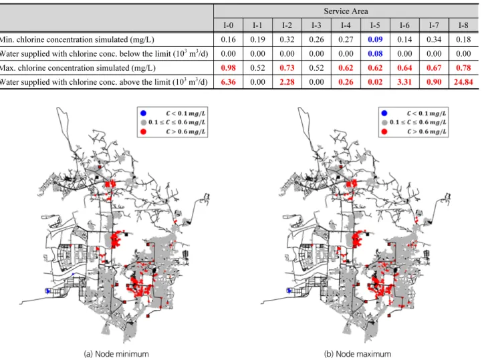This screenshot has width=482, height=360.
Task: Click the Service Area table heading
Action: click(346, 11)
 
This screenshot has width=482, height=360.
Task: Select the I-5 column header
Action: click(375, 25)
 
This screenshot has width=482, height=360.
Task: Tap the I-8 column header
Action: click(463, 25)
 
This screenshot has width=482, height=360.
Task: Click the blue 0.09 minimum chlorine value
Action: click(375, 39)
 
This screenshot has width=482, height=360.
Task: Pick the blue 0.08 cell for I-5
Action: click(375, 53)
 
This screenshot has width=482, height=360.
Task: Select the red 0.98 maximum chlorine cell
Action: click(228, 67)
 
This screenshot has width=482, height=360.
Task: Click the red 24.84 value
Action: click(463, 82)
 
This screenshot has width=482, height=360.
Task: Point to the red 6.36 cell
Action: click(228, 82)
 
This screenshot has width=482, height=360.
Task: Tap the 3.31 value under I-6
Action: click(404, 82)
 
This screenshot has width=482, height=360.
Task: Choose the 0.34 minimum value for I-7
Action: click(434, 39)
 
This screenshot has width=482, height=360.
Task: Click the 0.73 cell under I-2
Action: click(287, 67)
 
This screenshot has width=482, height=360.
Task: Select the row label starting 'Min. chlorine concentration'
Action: click(77, 39)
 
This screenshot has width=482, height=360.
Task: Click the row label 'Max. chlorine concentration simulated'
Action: click(78, 68)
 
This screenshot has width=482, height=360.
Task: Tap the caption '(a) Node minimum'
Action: click(116, 354)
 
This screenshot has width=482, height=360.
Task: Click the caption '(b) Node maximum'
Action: click(358, 354)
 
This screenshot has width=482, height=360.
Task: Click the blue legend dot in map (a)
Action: click(143, 114)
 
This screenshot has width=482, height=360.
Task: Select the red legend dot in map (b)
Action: click(384, 132)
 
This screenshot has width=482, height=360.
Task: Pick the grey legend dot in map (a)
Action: click(143, 122)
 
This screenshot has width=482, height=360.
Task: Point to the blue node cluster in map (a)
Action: click(47, 291)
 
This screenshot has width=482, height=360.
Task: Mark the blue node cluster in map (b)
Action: click(289, 291)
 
